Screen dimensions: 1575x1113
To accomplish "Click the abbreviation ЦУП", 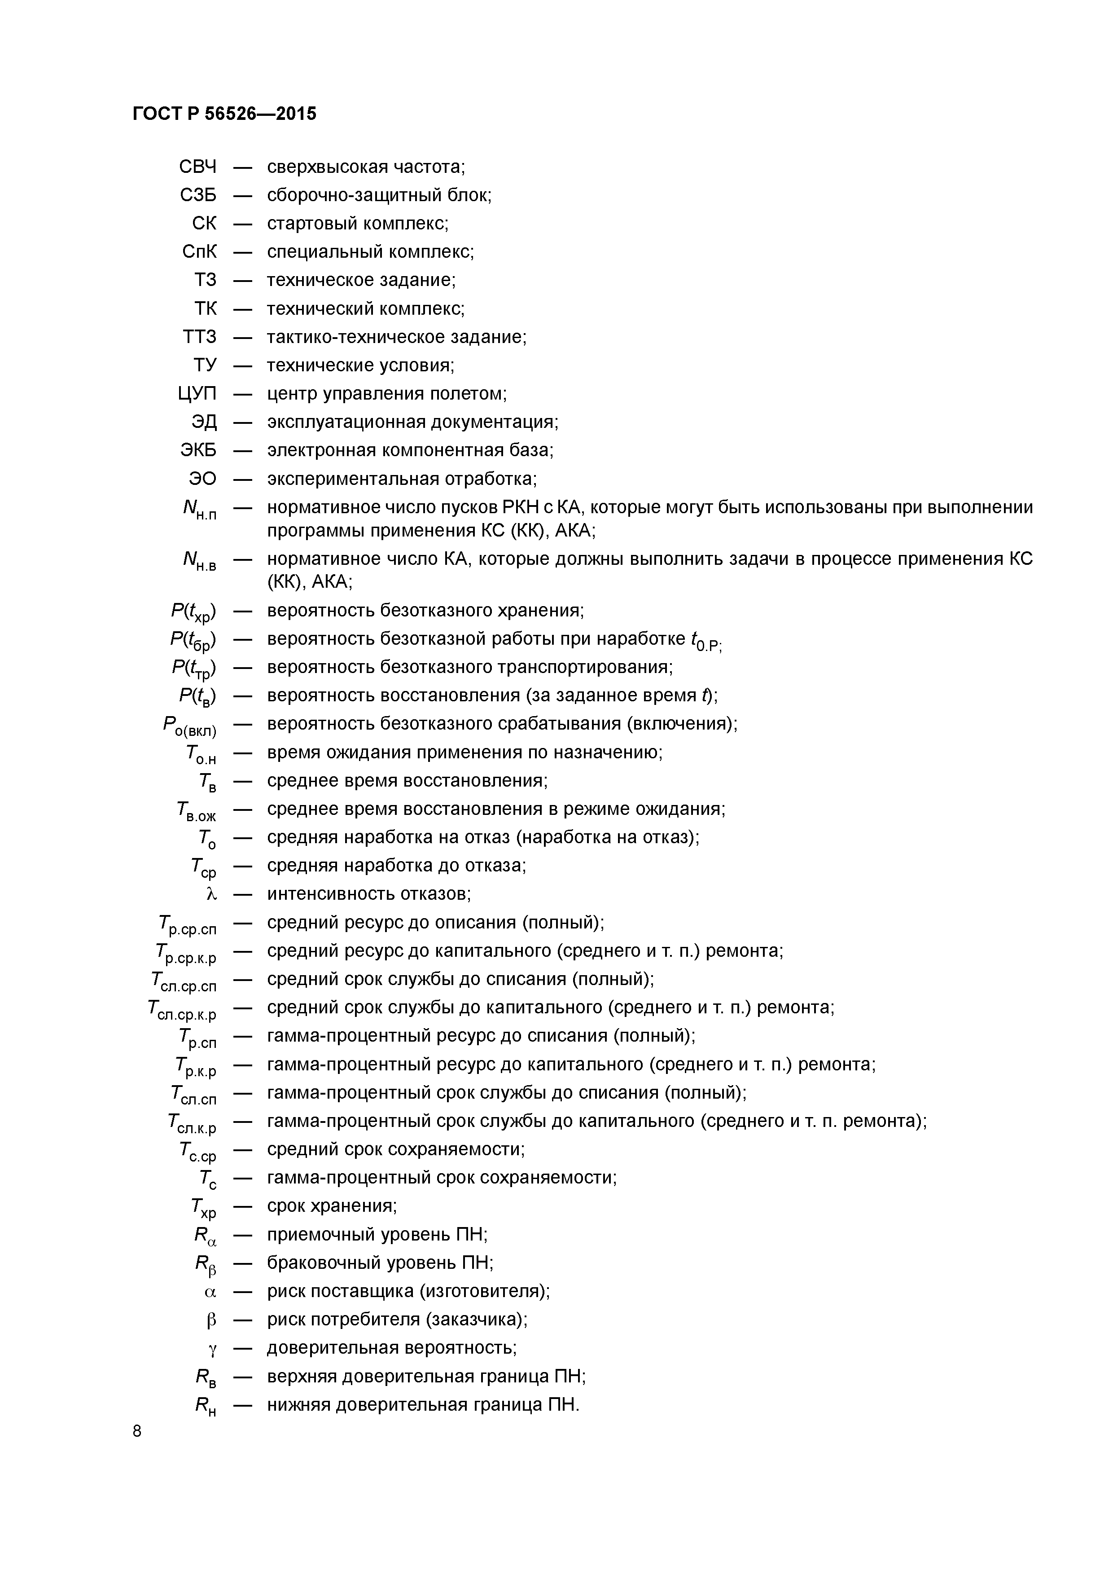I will pyautogui.click(x=197, y=394).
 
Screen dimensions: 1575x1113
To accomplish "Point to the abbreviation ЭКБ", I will pyautogui.click(x=198, y=450).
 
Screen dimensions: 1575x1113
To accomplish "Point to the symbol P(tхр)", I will pyautogui.click(x=193, y=611).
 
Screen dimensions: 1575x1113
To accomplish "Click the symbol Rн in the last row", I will pyautogui.click(x=206, y=1406).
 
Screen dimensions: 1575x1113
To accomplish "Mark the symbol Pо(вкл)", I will pyautogui.click(x=189, y=726).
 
